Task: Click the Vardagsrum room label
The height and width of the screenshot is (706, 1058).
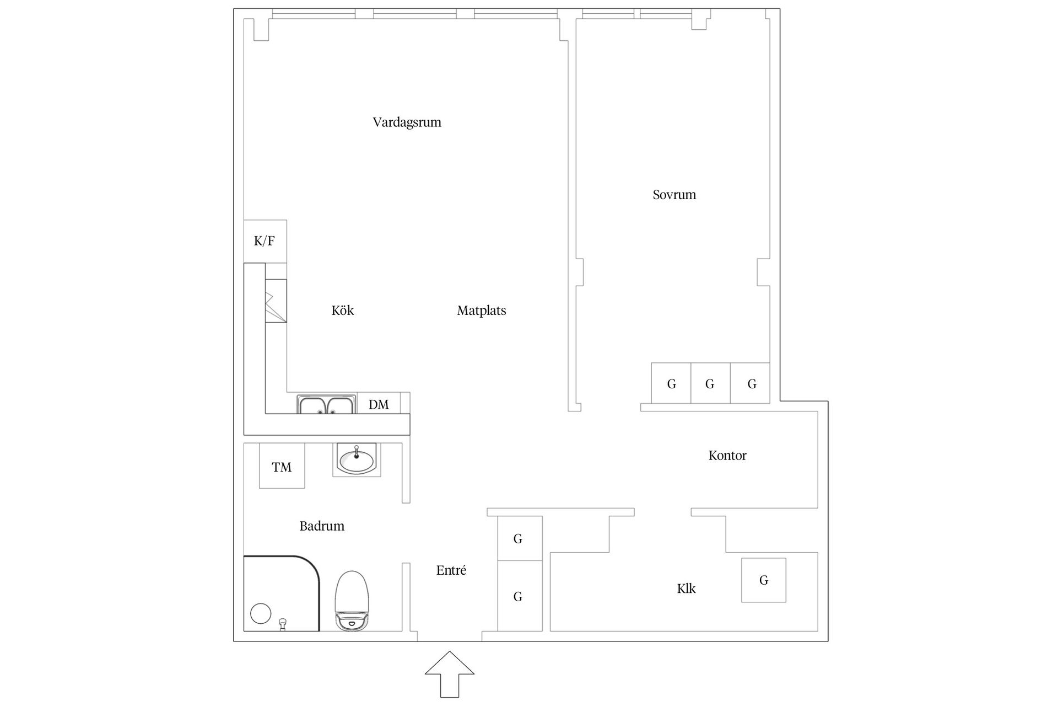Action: click(407, 122)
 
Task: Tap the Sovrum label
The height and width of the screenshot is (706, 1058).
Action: click(674, 195)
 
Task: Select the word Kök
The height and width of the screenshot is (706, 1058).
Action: click(342, 310)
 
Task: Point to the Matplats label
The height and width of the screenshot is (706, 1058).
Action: click(481, 311)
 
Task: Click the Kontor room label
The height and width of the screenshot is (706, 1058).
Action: click(727, 456)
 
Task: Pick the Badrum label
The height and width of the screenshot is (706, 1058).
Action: click(322, 526)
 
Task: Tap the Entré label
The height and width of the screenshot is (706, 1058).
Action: click(451, 570)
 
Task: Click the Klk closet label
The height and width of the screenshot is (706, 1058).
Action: click(686, 589)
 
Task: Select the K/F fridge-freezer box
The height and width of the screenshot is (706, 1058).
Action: click(265, 241)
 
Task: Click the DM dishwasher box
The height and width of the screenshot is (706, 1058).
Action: click(379, 403)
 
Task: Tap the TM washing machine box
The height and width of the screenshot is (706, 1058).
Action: click(282, 466)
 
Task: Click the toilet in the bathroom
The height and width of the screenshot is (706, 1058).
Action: click(352, 601)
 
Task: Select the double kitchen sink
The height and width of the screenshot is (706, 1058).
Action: click(327, 404)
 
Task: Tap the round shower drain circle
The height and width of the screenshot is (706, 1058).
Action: click(261, 613)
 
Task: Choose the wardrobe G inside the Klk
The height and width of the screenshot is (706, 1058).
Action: click(763, 580)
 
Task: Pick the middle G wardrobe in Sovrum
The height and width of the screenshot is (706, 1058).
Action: click(710, 383)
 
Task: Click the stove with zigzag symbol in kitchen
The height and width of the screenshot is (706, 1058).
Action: click(276, 301)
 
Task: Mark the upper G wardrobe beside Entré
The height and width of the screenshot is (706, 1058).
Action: click(520, 538)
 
